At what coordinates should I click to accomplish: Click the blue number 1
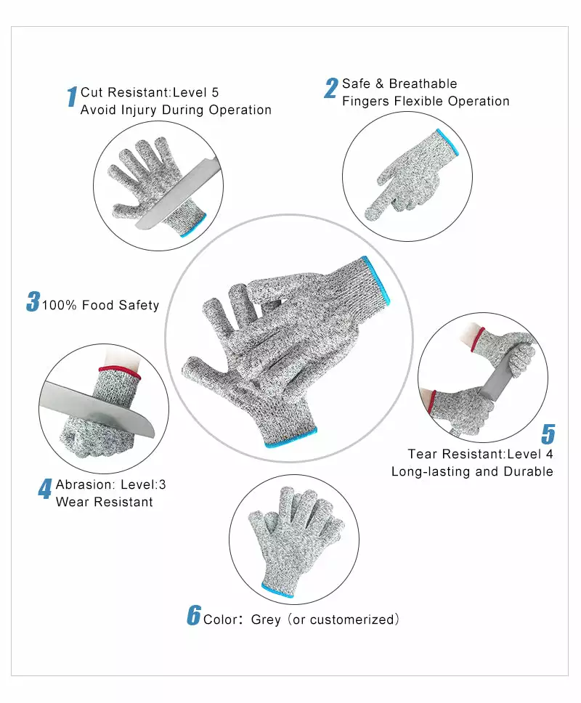[72, 97]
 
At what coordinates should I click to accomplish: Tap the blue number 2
[331, 88]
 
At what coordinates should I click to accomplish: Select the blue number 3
[33, 301]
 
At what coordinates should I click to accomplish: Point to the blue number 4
[45, 489]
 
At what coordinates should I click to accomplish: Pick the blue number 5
[548, 434]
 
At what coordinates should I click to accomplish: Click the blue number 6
[193, 615]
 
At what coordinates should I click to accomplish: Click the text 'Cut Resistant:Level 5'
[150, 92]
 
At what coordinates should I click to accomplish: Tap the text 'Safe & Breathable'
[399, 84]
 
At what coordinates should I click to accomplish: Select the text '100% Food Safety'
[100, 305]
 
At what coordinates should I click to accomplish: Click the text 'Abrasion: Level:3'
[111, 484]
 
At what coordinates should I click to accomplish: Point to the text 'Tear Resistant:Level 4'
[480, 454]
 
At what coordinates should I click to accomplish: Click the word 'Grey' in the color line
[266, 619]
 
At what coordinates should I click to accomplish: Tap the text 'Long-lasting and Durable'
[472, 471]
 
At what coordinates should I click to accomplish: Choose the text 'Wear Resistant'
[105, 502]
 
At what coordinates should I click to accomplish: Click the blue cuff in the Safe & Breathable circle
[450, 142]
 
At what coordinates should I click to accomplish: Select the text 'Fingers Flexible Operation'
[426, 101]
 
